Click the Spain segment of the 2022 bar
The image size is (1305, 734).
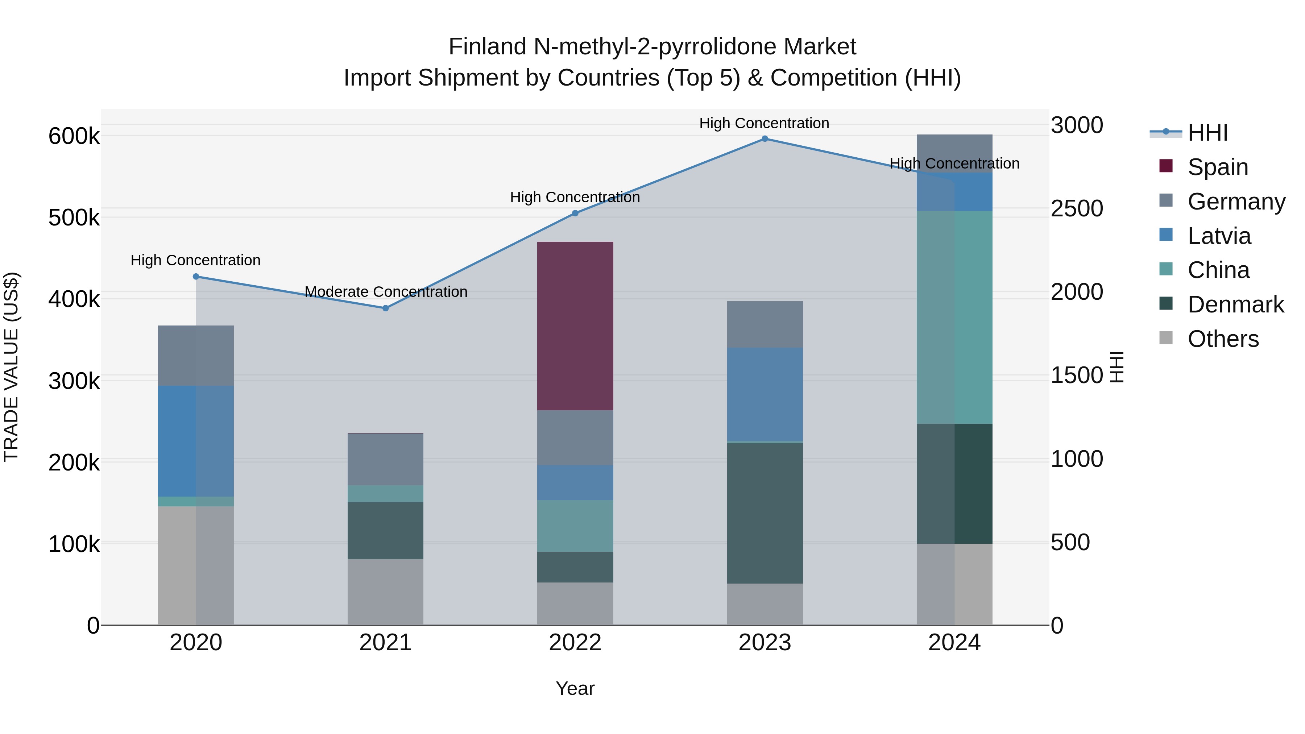click(575, 326)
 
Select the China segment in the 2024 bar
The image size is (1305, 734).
click(954, 317)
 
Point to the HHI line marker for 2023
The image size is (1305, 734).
click(765, 139)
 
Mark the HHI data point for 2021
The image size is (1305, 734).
click(386, 308)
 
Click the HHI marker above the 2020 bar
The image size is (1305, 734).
click(196, 277)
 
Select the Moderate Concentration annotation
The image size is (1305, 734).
click(386, 292)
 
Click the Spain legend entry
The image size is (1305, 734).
click(1217, 167)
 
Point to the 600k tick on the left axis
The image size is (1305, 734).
click(74, 136)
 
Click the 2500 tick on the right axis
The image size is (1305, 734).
click(1077, 208)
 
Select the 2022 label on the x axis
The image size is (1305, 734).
click(575, 643)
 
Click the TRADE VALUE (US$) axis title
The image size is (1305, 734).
click(11, 367)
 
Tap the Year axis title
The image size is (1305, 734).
click(575, 688)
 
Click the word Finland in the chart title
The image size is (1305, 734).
click(487, 47)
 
